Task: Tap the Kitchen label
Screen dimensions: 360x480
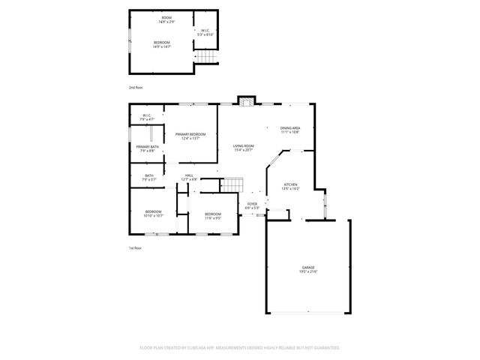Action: pos(290,187)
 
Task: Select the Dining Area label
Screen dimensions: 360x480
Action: pos(290,130)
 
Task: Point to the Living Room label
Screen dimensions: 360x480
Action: pos(243,148)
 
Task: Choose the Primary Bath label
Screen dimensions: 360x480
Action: pos(147,148)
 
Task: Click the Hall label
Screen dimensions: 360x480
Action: pos(189,177)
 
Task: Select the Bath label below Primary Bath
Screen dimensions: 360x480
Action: pos(148,177)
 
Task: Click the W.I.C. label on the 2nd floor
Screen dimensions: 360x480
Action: pos(205,32)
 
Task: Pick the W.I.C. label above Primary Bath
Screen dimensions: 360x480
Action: pos(148,117)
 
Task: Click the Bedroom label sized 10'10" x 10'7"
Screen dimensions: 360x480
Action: pos(153,213)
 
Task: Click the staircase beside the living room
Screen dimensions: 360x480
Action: pos(233,184)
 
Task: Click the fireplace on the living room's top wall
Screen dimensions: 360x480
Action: pos(245,100)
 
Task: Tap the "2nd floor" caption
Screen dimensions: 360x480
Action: pos(136,88)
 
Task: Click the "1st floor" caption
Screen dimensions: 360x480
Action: pos(135,247)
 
